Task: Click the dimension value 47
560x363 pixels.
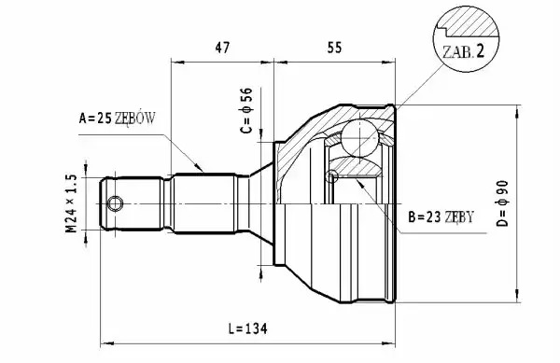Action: (222, 48)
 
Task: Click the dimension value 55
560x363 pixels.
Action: (334, 48)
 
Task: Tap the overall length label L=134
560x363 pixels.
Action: (248, 328)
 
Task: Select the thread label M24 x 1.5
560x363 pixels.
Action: (72, 203)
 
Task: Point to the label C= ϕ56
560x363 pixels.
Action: (246, 110)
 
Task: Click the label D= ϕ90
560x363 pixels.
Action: (502, 203)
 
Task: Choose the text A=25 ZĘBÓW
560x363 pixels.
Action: (118, 118)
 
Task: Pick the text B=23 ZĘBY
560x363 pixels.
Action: (441, 216)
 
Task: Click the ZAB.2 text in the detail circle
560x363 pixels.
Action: (464, 51)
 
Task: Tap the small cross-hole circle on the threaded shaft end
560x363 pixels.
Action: (116, 204)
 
